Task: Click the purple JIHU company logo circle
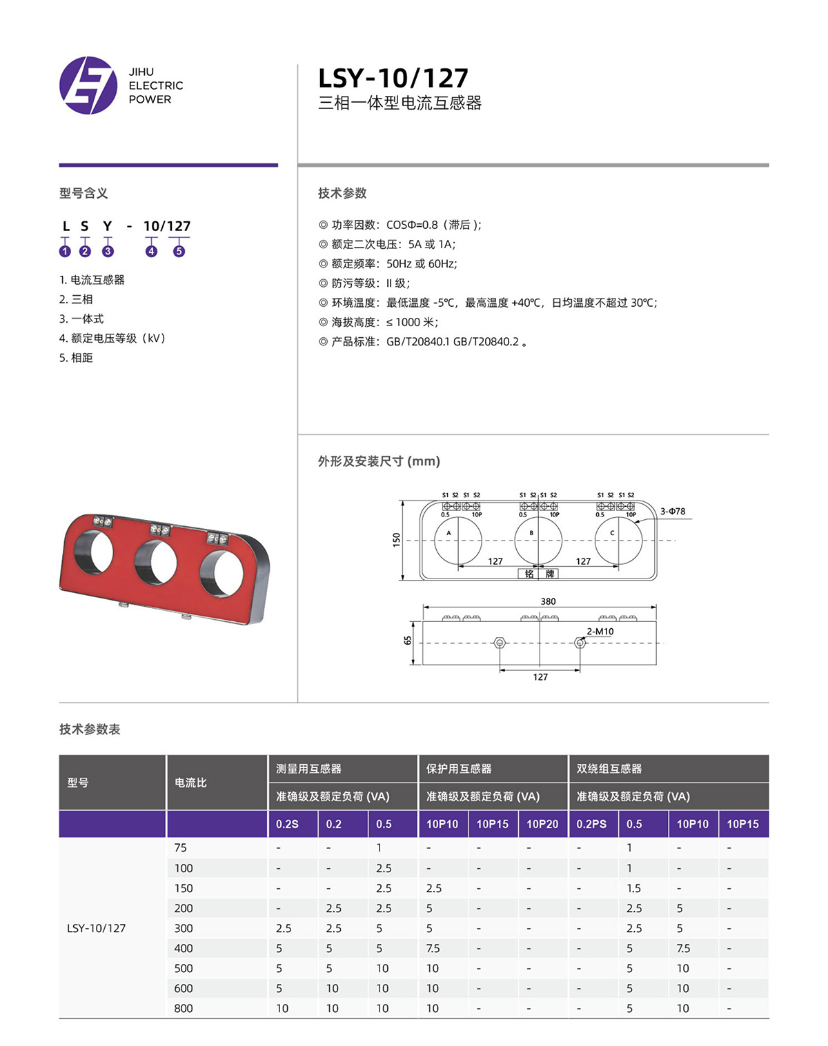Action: [x=88, y=86]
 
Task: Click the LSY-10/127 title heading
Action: [x=393, y=79]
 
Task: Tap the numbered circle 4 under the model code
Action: [x=151, y=251]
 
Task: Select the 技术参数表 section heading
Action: [x=90, y=729]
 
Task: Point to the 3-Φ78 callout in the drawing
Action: [x=673, y=512]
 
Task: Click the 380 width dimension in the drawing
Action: [x=548, y=601]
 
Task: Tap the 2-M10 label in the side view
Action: [x=600, y=632]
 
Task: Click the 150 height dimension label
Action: [x=396, y=540]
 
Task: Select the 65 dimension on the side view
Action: [x=408, y=641]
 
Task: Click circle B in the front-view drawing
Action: [x=539, y=540]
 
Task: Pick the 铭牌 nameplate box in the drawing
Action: [x=538, y=574]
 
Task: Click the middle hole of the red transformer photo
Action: [x=156, y=561]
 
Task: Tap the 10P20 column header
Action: [x=542, y=824]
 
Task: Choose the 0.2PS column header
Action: [x=591, y=824]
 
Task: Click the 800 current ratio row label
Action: [x=184, y=1008]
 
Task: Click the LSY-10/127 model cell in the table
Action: [x=97, y=928]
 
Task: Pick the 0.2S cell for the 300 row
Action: [x=284, y=928]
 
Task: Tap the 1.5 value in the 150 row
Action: [x=633, y=888]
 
